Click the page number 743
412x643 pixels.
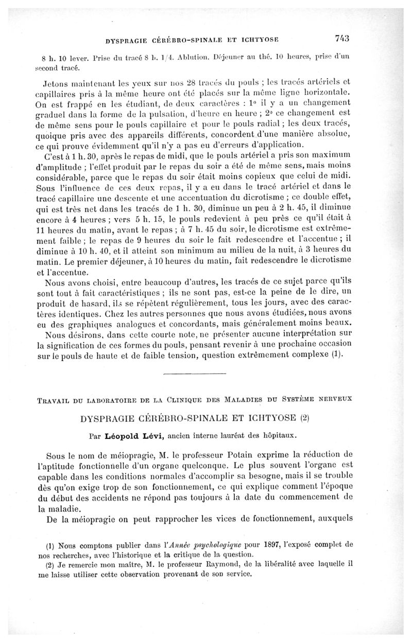click(x=342, y=38)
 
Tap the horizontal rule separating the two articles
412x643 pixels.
click(x=194, y=372)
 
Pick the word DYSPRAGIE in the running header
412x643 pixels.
click(x=126, y=39)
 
